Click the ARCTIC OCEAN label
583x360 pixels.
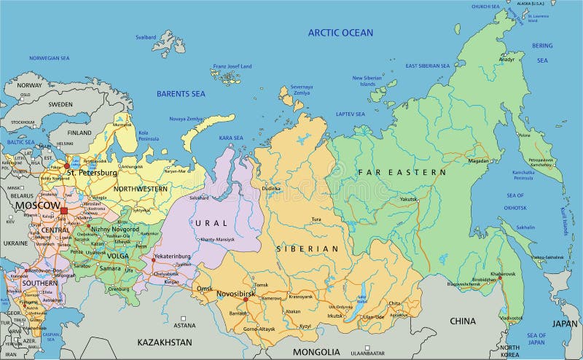(340, 32)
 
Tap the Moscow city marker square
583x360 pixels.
(63, 211)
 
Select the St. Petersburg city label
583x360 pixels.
(92, 173)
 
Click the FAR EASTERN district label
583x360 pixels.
(402, 172)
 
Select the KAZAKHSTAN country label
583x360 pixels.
(165, 342)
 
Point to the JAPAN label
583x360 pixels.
(564, 324)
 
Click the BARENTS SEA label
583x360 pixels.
(181, 93)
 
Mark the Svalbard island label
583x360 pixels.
(146, 36)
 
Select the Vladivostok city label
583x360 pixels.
(510, 318)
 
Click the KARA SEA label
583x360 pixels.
(231, 137)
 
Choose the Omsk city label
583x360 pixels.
(204, 289)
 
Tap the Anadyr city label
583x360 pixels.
(506, 59)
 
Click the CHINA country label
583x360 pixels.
(462, 321)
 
